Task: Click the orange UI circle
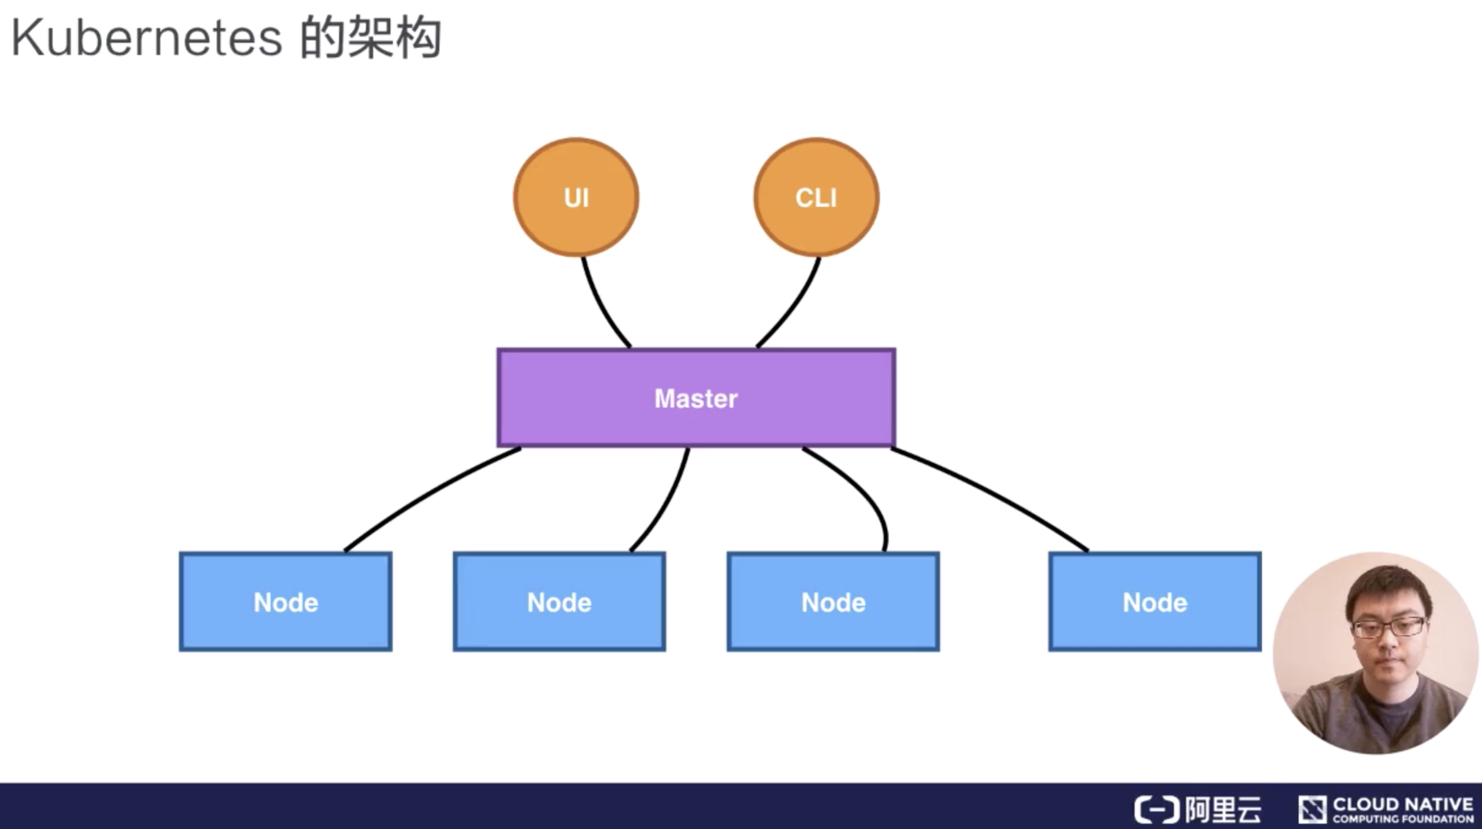[x=576, y=197]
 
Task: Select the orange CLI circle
[x=816, y=197]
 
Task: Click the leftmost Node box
[x=286, y=602]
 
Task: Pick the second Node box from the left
[x=559, y=602]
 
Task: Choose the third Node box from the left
[x=833, y=602]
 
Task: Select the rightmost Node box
[x=1155, y=602]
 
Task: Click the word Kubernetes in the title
[x=147, y=39]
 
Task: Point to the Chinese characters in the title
[x=370, y=39]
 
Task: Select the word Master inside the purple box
[x=695, y=398]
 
